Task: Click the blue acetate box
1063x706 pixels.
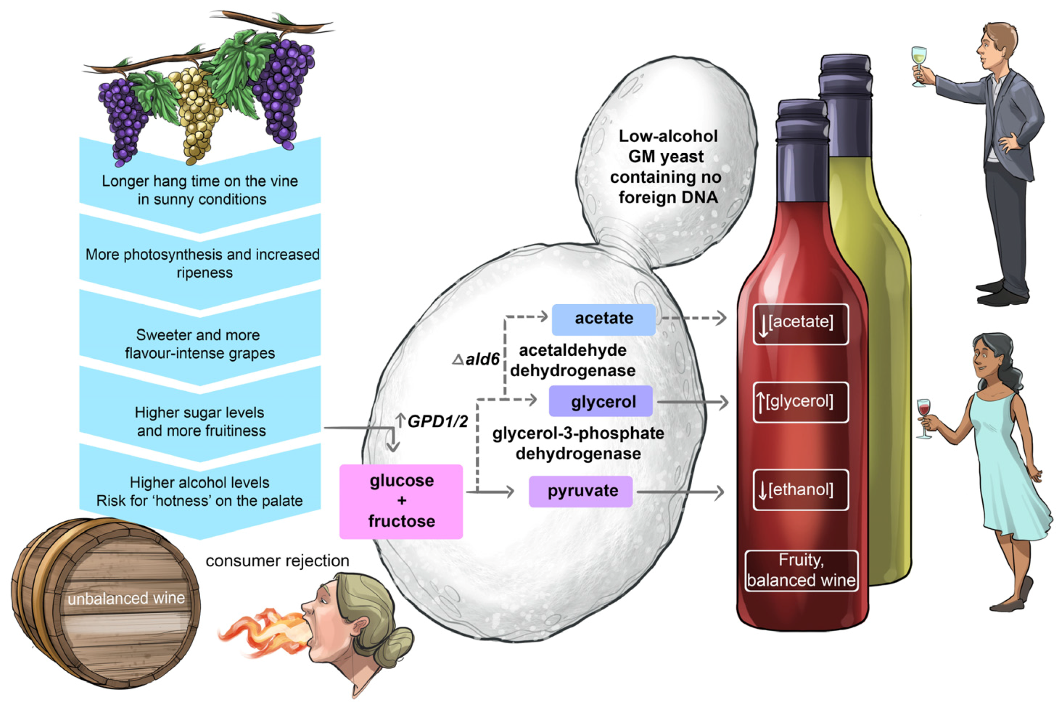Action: click(603, 319)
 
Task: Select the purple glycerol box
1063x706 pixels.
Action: click(601, 401)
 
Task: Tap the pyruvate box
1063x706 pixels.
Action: click(580, 491)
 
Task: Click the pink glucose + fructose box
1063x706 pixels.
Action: click(401, 501)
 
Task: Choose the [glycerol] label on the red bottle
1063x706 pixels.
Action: click(800, 402)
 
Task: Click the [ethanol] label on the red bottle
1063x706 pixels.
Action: click(800, 489)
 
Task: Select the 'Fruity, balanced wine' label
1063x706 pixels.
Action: click(801, 571)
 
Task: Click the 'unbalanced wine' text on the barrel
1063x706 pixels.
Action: click(126, 599)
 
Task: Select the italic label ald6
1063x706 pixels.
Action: click(482, 359)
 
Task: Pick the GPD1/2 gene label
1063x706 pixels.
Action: click(437, 422)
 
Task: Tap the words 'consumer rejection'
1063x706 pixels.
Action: click(277, 561)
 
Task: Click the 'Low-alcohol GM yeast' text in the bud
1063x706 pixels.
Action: click(667, 166)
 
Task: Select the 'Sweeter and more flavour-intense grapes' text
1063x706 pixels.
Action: click(200, 344)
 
